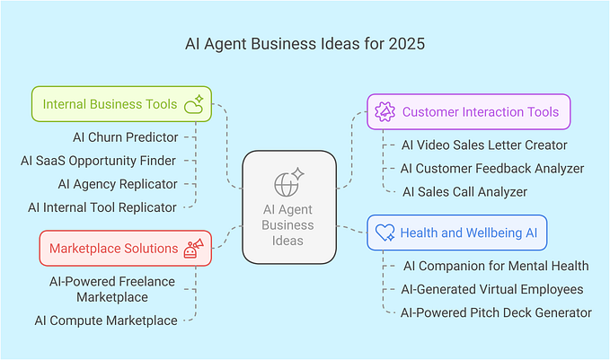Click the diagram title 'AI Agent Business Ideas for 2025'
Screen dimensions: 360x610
click(x=305, y=42)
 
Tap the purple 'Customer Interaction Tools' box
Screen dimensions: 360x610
click(x=468, y=112)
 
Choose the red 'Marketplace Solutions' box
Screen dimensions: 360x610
click(x=126, y=248)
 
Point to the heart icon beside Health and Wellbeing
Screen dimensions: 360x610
click(x=385, y=233)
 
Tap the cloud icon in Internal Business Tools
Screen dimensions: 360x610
click(x=193, y=106)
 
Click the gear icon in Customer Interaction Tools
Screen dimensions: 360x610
click(x=385, y=112)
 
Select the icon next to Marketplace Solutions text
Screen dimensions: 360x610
click(x=193, y=247)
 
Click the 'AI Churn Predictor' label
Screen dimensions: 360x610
click(x=125, y=137)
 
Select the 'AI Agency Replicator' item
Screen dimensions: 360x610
click(x=118, y=184)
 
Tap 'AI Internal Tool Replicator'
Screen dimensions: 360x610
click(x=102, y=207)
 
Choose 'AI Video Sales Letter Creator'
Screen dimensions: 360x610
click(x=484, y=145)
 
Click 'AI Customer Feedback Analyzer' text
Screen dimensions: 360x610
click(x=492, y=168)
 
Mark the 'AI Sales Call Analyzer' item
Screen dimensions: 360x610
click(x=464, y=191)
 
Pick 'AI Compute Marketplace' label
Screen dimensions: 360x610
click(x=106, y=320)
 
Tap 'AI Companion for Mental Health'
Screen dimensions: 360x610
click(x=494, y=266)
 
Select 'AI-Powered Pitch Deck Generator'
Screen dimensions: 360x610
click(x=496, y=312)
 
